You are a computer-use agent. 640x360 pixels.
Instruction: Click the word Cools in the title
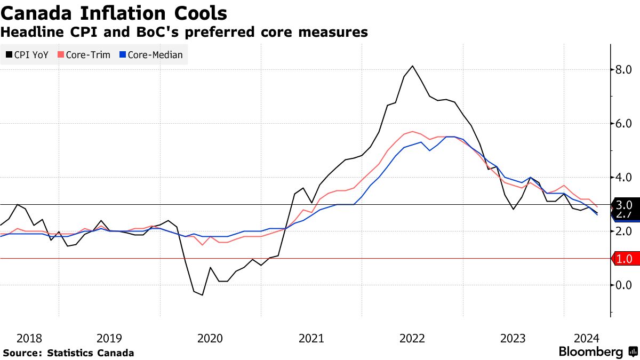pos(196,13)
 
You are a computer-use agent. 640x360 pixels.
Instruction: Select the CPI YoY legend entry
pos(27,54)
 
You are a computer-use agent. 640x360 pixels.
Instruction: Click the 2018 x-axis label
pos(29,338)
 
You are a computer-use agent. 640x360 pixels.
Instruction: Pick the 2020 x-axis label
pos(210,338)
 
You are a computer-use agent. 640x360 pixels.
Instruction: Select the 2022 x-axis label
pos(412,338)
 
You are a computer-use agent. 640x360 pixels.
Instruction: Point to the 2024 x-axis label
pos(587,338)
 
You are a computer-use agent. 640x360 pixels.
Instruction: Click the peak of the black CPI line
pos(412,66)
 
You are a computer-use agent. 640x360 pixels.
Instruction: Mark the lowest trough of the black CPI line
pos(202,295)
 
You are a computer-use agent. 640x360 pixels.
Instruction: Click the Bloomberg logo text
pos(590,352)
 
